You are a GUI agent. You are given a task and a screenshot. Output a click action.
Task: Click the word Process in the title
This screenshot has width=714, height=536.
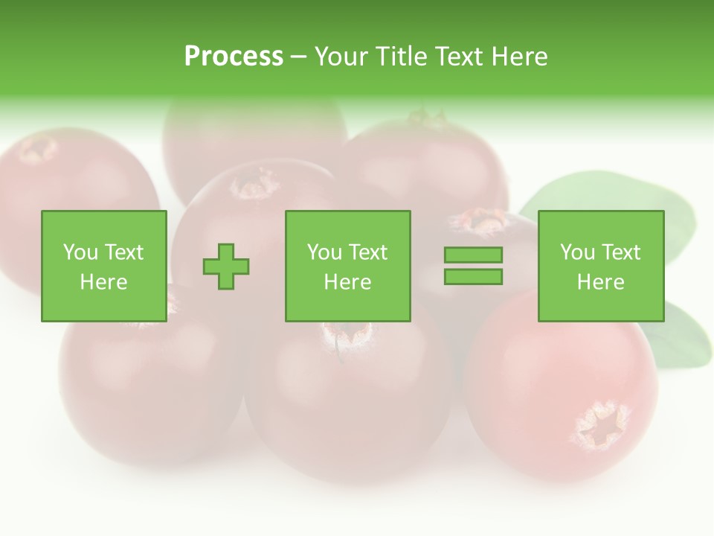(x=234, y=56)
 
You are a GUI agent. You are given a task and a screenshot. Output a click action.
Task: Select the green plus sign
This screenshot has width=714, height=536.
(x=226, y=266)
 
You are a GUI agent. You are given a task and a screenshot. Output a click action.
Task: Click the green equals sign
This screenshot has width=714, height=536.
(x=473, y=266)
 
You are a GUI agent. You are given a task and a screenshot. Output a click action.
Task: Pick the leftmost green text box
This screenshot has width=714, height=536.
(x=104, y=266)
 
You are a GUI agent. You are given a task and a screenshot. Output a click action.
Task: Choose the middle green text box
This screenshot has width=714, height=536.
(x=348, y=266)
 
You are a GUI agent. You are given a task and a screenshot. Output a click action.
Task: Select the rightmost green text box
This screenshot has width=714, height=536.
(x=601, y=266)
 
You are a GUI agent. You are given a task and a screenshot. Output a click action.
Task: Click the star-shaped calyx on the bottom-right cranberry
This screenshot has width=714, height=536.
(x=601, y=426)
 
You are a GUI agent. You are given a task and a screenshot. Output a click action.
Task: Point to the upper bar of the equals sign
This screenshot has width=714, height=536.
(x=473, y=255)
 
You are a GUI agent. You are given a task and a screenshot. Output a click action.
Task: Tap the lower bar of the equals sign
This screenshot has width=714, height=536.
(x=473, y=277)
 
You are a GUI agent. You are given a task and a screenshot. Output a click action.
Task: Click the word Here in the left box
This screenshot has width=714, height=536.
(x=103, y=282)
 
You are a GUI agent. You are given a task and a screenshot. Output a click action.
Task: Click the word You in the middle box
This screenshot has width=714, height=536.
(x=324, y=252)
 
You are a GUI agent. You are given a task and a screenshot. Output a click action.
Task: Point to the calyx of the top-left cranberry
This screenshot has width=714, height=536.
(x=37, y=149)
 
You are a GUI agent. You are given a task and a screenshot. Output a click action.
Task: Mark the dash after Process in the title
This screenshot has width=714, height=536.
(x=298, y=57)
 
